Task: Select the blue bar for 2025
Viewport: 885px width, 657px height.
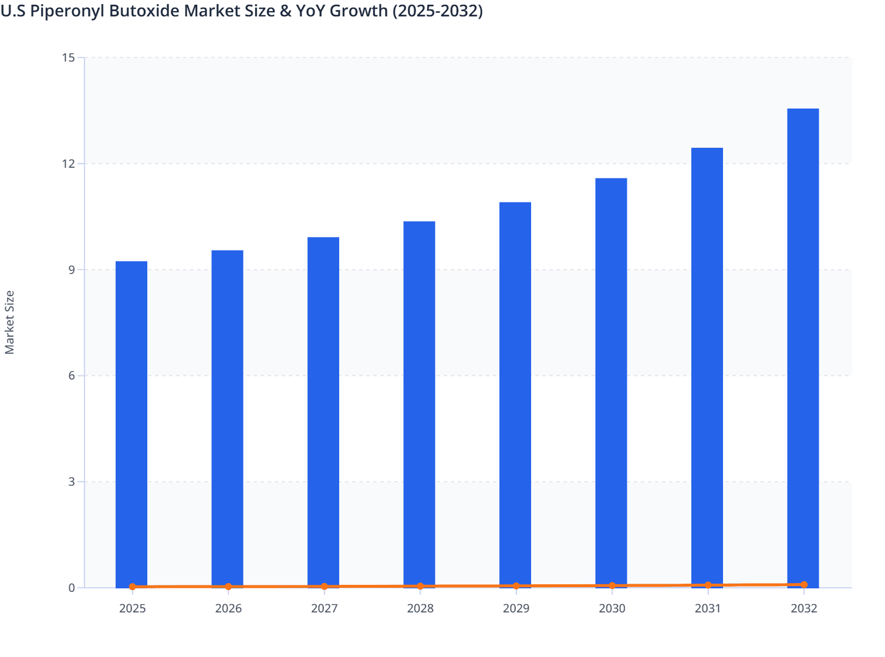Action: [131, 422]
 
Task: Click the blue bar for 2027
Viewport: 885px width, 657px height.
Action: [323, 411]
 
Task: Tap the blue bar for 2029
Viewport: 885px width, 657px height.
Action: [515, 393]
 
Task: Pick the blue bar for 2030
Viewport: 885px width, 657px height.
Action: [611, 381]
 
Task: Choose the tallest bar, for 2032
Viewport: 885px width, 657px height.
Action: [803, 346]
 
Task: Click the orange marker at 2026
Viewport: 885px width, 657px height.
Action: [228, 587]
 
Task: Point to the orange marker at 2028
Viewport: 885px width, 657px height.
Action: [420, 586]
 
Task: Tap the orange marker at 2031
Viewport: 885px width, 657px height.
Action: [708, 585]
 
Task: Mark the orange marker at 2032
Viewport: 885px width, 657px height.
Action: [804, 585]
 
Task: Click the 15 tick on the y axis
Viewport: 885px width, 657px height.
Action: [68, 57]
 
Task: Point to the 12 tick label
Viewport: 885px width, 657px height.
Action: [68, 164]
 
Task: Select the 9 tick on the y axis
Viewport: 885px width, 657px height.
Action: [72, 270]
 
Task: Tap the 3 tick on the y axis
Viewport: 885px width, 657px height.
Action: [72, 482]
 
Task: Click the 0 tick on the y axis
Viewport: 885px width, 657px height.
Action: [72, 588]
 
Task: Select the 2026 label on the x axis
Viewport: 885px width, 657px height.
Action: [228, 608]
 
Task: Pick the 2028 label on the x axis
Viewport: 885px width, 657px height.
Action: [420, 608]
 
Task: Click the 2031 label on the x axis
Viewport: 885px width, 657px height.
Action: [708, 608]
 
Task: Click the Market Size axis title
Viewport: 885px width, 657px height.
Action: [9, 323]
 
